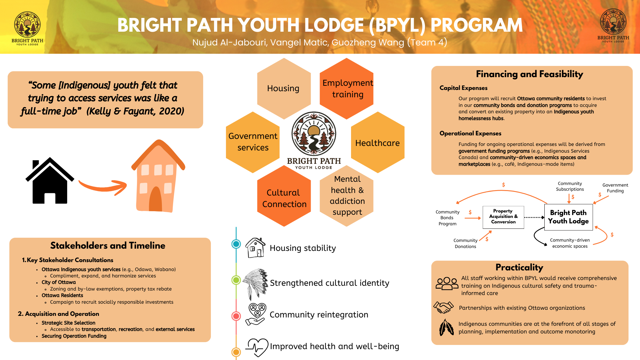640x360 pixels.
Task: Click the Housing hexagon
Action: (284, 88)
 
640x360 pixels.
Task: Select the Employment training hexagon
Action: (347, 88)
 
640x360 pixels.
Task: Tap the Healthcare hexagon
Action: (378, 143)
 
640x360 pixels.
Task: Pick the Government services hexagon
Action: (253, 142)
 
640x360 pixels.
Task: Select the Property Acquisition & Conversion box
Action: (503, 217)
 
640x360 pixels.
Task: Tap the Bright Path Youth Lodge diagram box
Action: (568, 217)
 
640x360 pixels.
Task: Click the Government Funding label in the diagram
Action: (615, 188)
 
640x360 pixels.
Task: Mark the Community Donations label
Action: (465, 243)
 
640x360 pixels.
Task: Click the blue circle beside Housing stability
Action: (236, 244)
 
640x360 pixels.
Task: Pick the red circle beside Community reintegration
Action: (236, 316)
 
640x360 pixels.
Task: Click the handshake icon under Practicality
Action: (444, 307)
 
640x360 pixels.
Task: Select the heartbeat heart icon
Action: (257, 347)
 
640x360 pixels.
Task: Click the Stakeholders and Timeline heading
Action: (108, 245)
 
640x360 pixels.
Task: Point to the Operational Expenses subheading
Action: (470, 133)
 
